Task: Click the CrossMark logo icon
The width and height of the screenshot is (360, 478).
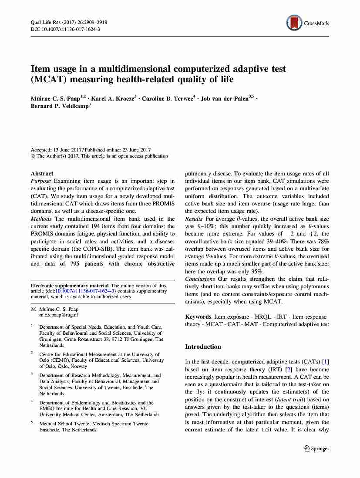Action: coord(294,23)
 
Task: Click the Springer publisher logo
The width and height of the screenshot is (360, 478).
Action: coord(316,448)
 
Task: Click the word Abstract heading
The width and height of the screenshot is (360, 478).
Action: coord(42,173)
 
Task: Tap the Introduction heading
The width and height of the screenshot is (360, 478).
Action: coord(203,347)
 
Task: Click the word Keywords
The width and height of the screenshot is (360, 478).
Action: coord(198,316)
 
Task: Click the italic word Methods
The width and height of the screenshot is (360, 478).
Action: coord(41,219)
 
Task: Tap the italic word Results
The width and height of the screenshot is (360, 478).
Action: coord(194,219)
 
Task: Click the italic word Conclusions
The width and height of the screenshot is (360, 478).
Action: coord(200,279)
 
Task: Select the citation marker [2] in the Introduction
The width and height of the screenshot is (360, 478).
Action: coord(288,369)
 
